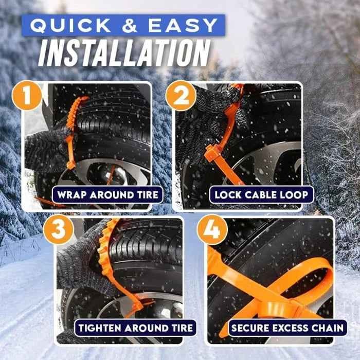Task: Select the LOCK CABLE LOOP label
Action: click(261, 195)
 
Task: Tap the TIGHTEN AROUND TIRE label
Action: click(135, 328)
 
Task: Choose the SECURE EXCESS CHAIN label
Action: click(288, 328)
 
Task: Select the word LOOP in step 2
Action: click(295, 195)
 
